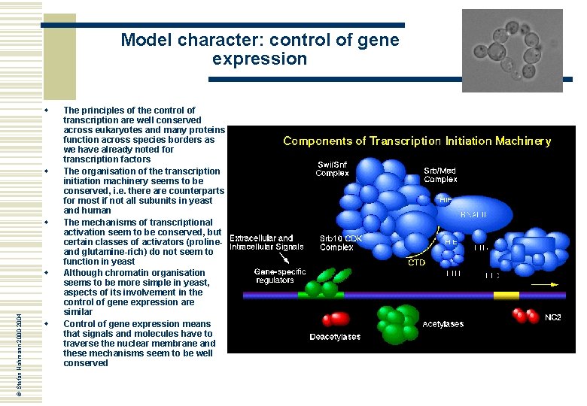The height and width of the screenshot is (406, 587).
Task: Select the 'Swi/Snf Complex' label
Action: pyautogui.click(x=332, y=169)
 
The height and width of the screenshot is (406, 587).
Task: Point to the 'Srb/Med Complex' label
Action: pyautogui.click(x=440, y=174)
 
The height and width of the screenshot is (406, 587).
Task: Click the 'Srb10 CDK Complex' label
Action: pyautogui.click(x=341, y=243)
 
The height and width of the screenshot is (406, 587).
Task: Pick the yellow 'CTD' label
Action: pyautogui.click(x=416, y=263)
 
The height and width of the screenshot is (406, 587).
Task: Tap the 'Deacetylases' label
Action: pyautogui.click(x=335, y=337)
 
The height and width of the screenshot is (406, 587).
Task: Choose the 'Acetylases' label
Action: pyautogui.click(x=443, y=325)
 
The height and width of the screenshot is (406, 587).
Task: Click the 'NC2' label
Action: pyautogui.click(x=553, y=317)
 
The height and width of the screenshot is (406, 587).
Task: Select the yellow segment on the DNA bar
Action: pyautogui.click(x=506, y=295)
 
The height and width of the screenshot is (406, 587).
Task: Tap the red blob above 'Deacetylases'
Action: pyautogui.click(x=336, y=319)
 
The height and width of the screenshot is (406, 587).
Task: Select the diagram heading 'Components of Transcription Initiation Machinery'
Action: pyautogui.click(x=416, y=141)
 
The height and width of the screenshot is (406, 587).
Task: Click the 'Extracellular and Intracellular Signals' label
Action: pyautogui.click(x=266, y=243)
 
